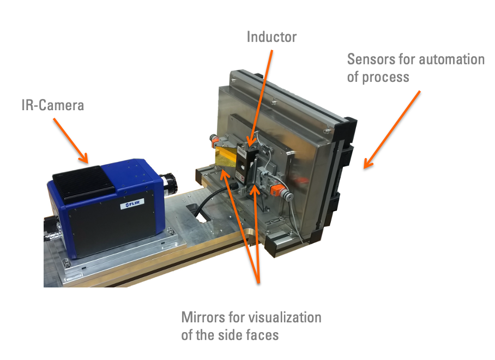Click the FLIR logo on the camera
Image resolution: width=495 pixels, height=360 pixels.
click(x=132, y=203)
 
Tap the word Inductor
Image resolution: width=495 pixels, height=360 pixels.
click(x=271, y=37)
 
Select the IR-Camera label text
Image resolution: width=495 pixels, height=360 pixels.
click(x=53, y=105)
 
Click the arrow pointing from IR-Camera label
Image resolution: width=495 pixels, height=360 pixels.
click(x=71, y=141)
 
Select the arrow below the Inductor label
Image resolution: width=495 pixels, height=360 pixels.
click(x=259, y=98)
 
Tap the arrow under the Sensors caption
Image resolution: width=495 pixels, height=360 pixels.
click(x=392, y=130)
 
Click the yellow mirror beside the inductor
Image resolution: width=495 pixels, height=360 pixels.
click(x=225, y=155)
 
